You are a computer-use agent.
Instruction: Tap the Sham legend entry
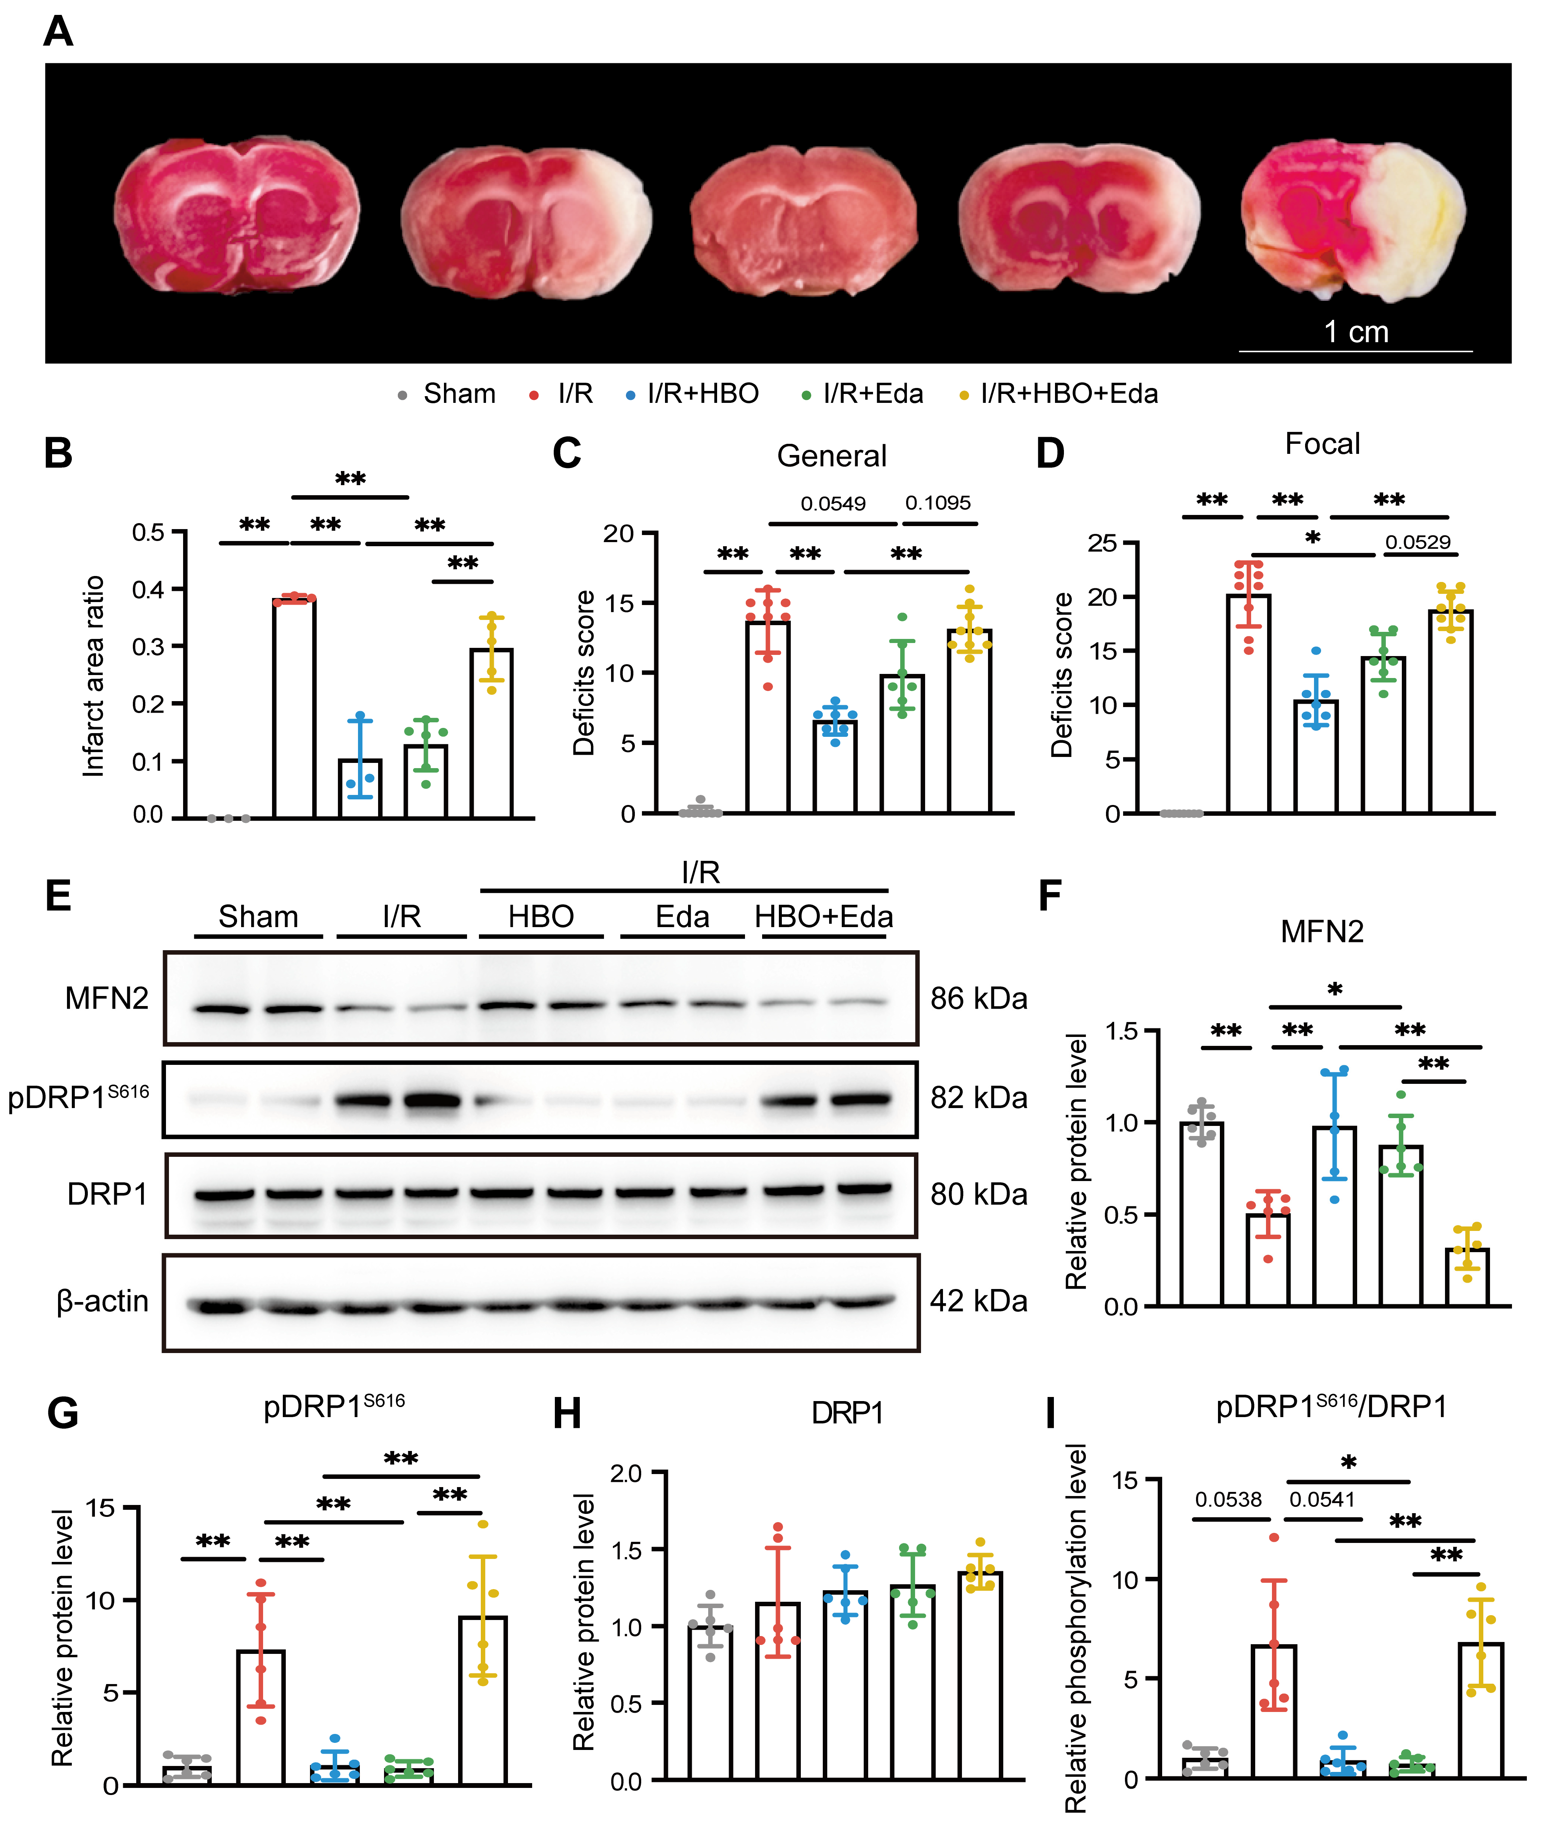[x=447, y=394]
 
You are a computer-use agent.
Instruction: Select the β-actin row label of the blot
[x=102, y=1301]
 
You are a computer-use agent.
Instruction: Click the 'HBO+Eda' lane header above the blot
[x=824, y=917]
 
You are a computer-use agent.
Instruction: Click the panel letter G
[x=63, y=1413]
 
